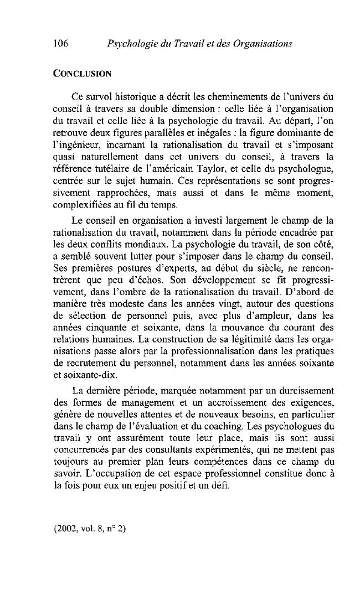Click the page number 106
(61, 43)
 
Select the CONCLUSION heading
(83, 73)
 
